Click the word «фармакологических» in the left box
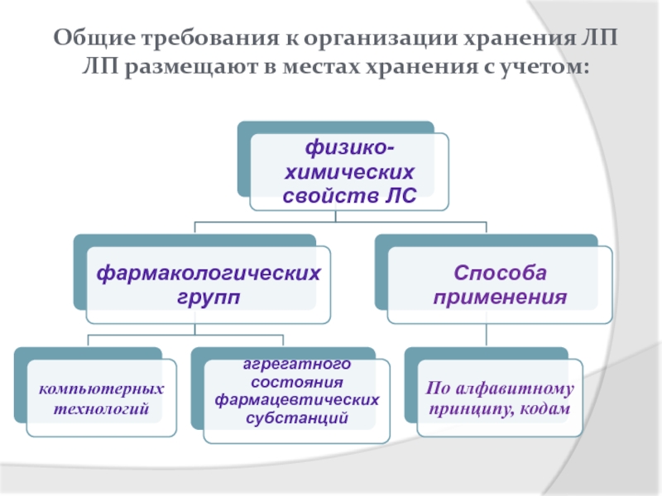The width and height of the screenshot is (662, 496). click(x=209, y=274)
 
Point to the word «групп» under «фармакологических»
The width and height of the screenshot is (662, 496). click(x=209, y=297)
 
